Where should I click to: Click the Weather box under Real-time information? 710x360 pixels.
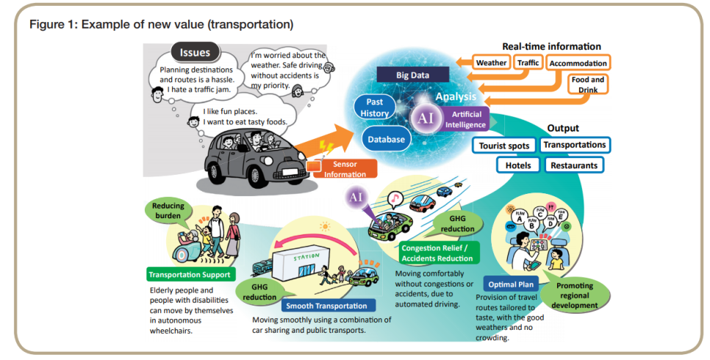[491, 62]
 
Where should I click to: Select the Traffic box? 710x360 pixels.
[528, 62]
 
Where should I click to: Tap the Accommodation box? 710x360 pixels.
[578, 63]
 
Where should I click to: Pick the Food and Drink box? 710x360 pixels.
[588, 84]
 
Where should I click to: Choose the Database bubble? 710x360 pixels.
[387, 139]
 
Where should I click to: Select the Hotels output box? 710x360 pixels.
[517, 165]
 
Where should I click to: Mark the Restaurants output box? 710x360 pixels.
[575, 165]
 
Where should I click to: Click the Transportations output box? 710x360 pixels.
[575, 145]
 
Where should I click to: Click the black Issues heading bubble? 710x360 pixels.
[195, 52]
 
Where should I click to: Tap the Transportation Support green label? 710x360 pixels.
[190, 275]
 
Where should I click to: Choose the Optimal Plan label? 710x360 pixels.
[512, 283]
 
